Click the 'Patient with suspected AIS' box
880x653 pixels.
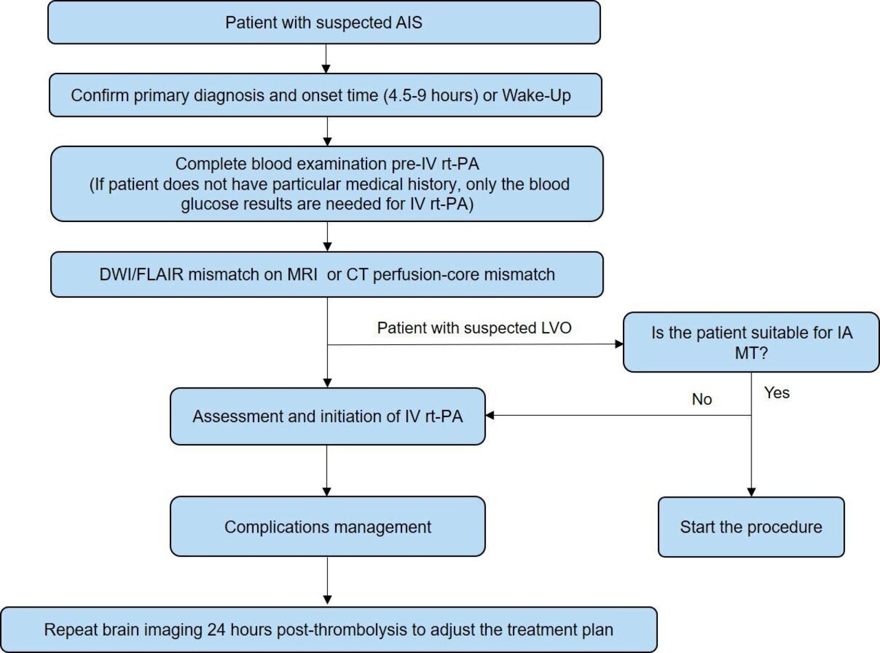324,22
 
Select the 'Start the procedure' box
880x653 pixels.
751,527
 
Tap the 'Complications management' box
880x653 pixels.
328,527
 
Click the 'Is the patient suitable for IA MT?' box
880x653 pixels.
751,342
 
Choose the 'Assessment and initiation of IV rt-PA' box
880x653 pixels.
328,416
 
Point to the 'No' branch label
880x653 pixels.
702,399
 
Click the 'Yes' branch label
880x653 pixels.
776,392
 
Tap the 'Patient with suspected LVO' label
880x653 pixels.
474,328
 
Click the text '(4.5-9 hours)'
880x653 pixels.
431,96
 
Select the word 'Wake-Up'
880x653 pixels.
536,96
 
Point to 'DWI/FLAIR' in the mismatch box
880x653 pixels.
141,274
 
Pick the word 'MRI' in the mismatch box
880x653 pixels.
302,274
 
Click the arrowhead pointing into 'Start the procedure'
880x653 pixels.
751,492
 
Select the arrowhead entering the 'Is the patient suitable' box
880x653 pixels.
619,344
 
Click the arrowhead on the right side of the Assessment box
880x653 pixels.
490,415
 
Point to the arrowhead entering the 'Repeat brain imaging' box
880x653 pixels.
327,599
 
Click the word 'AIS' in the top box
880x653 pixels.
408,22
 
